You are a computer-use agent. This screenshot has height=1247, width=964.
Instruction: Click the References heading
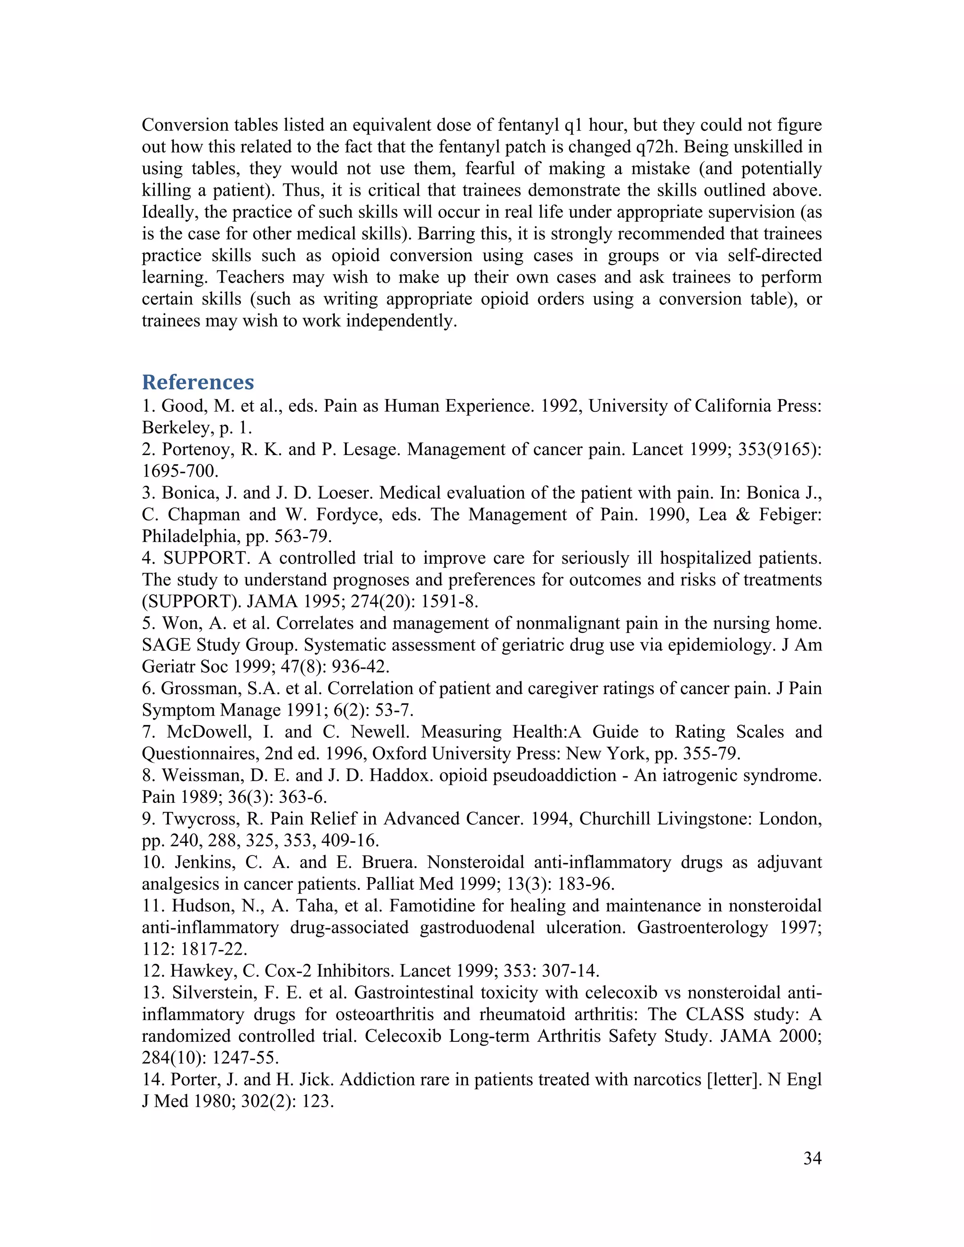tap(198, 382)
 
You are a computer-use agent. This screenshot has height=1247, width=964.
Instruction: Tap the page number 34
tap(812, 1158)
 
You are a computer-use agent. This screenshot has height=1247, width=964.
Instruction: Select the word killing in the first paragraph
tap(166, 190)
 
